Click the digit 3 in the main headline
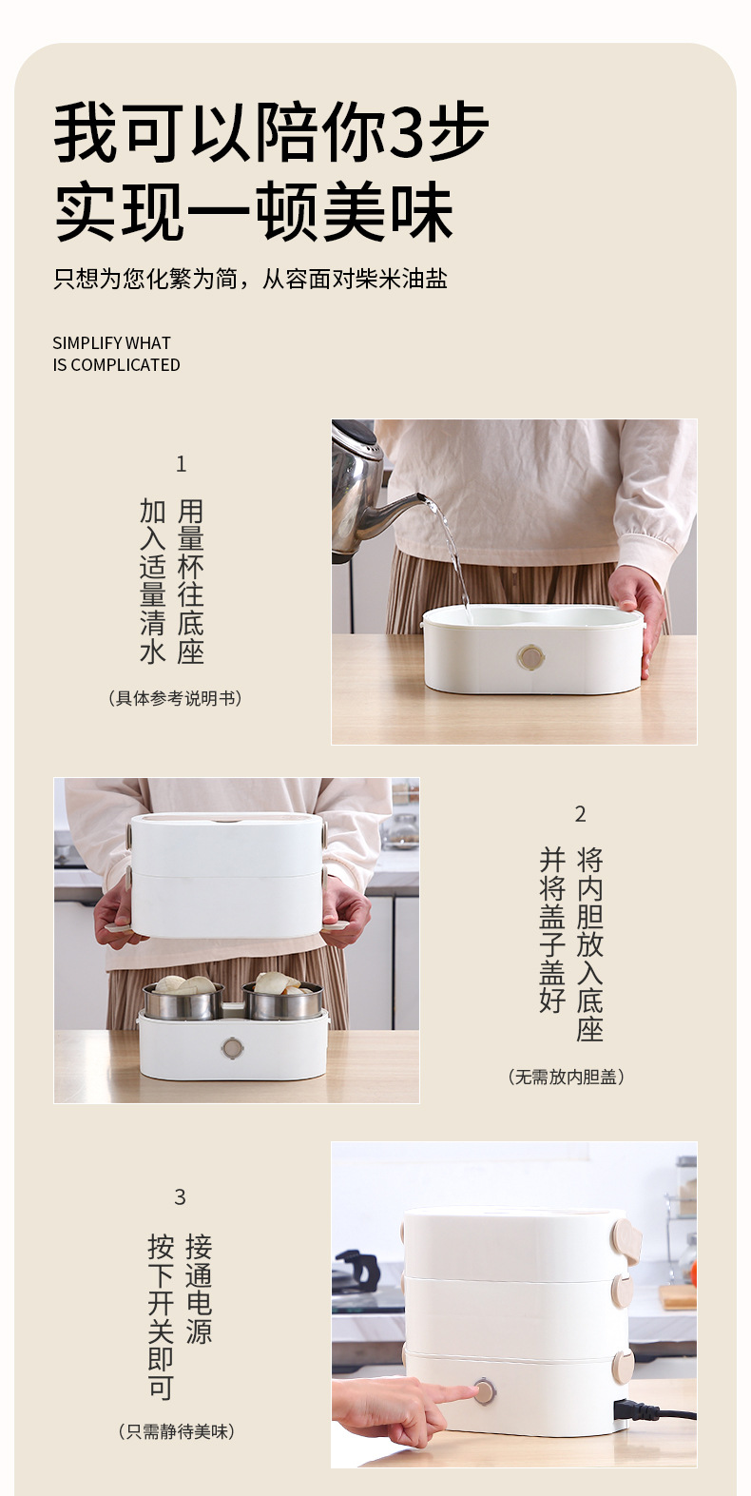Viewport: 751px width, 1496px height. (409, 133)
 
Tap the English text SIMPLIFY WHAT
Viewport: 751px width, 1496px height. (111, 343)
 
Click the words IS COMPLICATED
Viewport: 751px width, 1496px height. (116, 365)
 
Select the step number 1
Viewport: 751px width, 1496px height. (182, 464)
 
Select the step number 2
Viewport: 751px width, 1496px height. (581, 814)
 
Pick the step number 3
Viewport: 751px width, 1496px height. (180, 1197)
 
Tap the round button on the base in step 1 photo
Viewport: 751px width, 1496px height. (530, 656)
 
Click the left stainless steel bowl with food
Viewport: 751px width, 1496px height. (183, 999)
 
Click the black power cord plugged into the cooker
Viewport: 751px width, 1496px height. (656, 1412)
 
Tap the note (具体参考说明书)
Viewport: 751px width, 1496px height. (175, 699)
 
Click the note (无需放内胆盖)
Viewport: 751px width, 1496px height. (567, 1078)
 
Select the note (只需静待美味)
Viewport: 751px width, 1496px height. (177, 1432)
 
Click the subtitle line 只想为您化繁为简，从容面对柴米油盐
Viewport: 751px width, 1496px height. (250, 280)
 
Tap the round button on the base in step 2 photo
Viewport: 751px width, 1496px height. (232, 1049)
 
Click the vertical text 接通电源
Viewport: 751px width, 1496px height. (199, 1289)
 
